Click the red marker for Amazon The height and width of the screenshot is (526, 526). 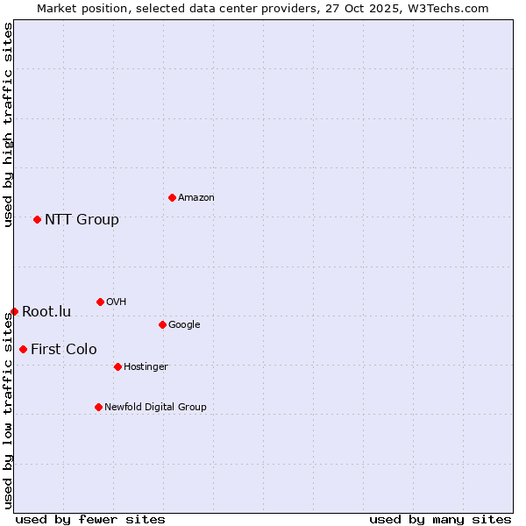(172, 197)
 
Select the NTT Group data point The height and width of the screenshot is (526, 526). (37, 219)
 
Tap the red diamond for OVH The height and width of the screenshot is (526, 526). (100, 302)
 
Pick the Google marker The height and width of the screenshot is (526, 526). (162, 324)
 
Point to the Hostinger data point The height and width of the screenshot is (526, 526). (117, 366)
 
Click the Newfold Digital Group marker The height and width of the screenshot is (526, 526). (98, 407)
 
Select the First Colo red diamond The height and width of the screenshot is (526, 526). (23, 349)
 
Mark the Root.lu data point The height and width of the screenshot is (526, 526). (14, 311)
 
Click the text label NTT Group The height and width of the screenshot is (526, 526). (82, 219)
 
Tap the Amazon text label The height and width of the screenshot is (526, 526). (196, 197)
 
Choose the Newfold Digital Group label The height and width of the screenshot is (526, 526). (155, 407)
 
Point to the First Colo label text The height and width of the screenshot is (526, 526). (64, 349)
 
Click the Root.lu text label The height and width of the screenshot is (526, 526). (46, 311)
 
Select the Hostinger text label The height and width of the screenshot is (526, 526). (146, 366)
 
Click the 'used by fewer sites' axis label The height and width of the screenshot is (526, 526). (90, 519)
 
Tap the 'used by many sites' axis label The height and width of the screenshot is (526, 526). (440, 519)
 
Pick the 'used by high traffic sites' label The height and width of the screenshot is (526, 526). (8, 124)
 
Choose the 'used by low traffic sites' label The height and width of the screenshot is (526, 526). (8, 410)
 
